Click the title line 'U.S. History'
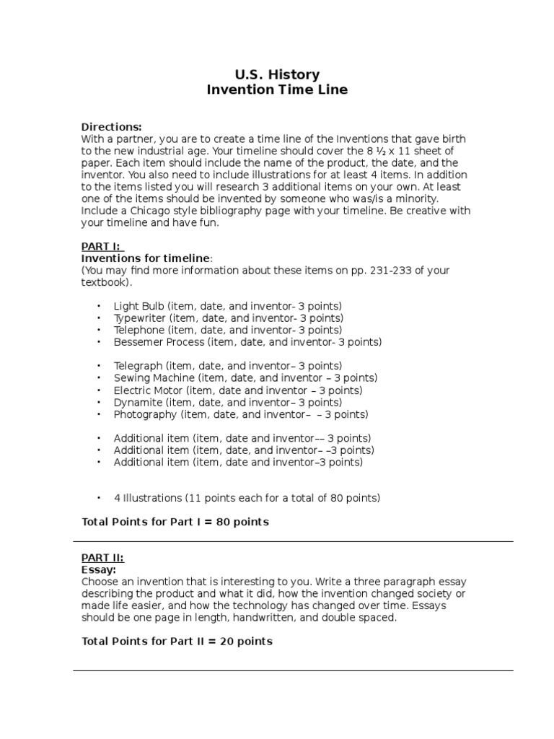277,74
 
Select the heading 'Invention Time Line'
277,90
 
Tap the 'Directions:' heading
112,127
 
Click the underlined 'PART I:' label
102,247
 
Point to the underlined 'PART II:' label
102,558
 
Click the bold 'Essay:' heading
99,569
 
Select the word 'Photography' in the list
145,415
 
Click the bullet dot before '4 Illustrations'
99,498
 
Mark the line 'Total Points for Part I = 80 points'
175,522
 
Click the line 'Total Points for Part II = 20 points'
177,641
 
